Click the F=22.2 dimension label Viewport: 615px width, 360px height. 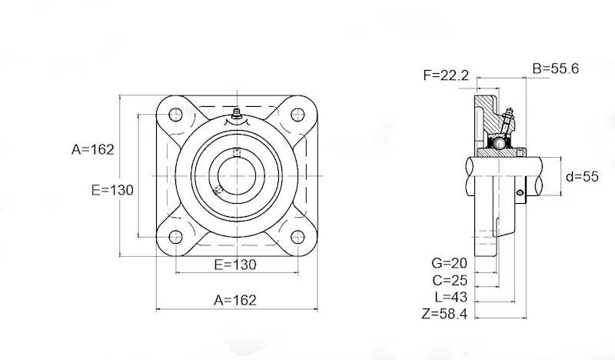tap(446, 75)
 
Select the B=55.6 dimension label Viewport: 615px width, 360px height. tap(556, 68)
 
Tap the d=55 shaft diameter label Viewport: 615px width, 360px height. tap(582, 176)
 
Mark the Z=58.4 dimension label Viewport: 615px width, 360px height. tap(446, 313)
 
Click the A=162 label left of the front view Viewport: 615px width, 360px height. tap(93, 149)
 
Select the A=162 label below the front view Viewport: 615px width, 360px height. tap(235, 299)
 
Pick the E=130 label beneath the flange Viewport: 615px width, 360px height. tap(235, 265)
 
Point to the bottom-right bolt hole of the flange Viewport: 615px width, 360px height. tap(296, 236)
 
